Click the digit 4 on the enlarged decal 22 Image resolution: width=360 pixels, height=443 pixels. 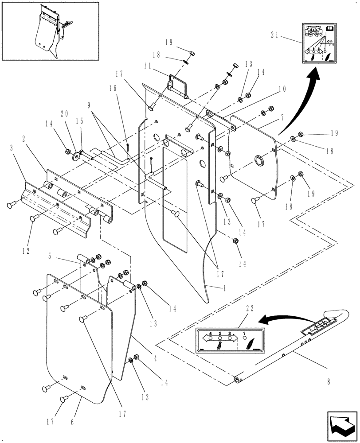pos(211,333)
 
